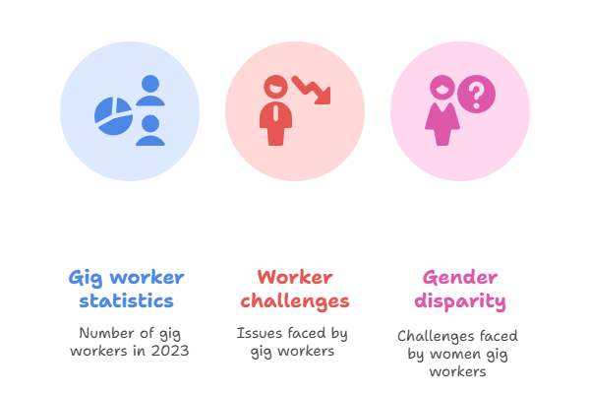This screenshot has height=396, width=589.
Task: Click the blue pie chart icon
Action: pos(113,115)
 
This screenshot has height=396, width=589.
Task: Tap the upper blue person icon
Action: pos(149,90)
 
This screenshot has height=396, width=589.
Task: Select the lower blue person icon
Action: pos(149,130)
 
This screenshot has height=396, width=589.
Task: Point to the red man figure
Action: pos(277,113)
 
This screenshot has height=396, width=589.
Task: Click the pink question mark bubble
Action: pos(477,96)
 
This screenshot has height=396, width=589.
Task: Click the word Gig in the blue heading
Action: pos(87,277)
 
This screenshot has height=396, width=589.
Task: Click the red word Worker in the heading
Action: pos(294,277)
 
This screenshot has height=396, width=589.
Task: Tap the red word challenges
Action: pos(294,300)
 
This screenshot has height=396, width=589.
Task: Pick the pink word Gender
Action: pos(460,277)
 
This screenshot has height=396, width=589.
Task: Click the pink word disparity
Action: pos(460,300)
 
